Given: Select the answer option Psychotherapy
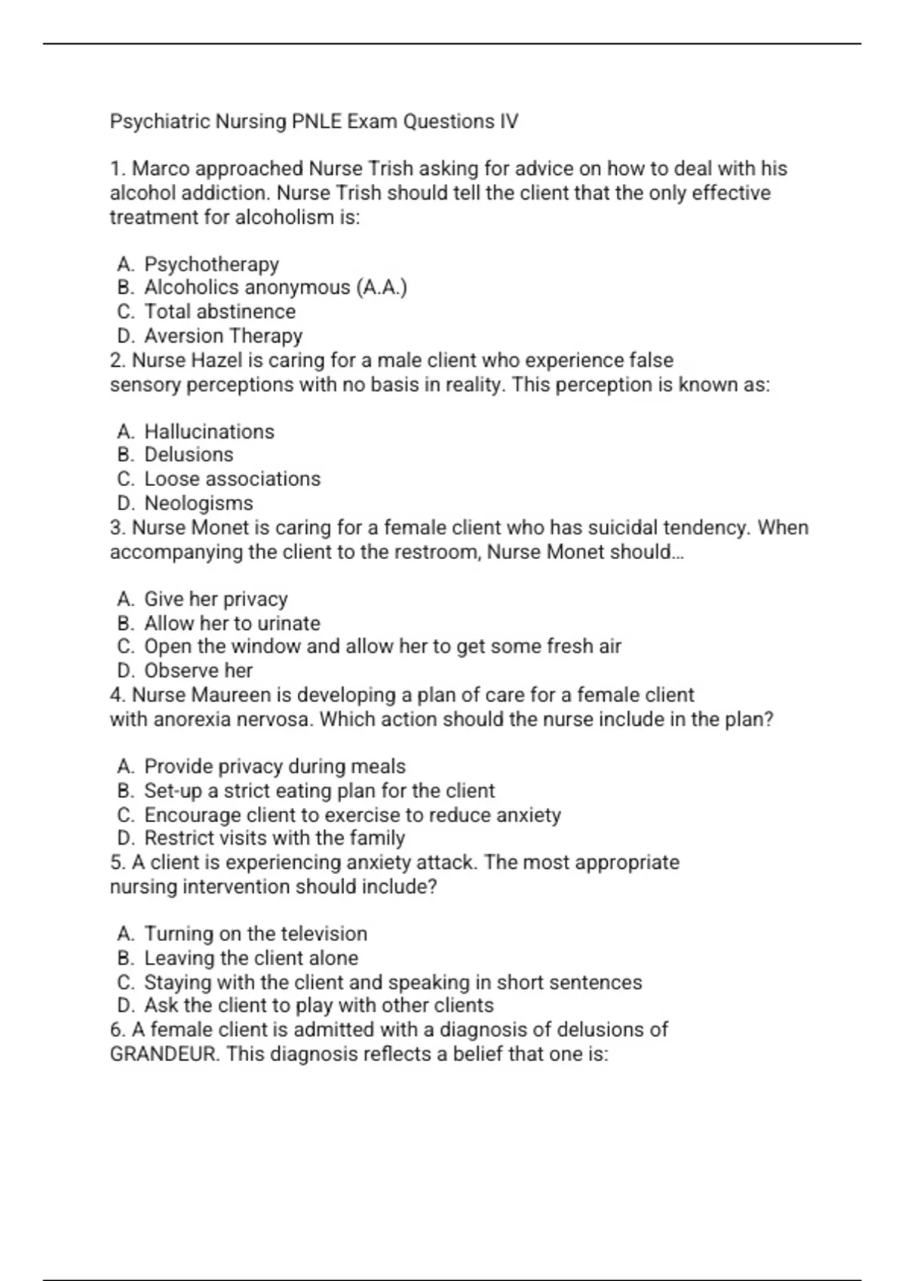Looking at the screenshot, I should point(211,264).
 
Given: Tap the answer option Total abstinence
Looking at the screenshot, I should point(219,311).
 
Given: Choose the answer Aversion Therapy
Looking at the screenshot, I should point(223,335).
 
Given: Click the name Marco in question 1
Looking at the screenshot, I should point(161,169).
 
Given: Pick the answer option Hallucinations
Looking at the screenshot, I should point(209,432).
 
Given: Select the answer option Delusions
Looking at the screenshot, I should point(189,454).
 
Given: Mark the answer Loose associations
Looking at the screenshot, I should point(232,478).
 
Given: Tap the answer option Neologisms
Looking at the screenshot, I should point(198,503).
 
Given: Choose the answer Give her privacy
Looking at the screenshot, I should point(216,599).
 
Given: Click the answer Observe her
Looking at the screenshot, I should point(198,670).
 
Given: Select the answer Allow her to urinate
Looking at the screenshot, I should point(232,623).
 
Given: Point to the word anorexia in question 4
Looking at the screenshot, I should point(192,719).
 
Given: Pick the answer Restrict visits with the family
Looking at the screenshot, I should point(275,838).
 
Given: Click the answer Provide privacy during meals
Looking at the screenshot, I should point(275,766).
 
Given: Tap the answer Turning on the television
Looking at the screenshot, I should point(256,934).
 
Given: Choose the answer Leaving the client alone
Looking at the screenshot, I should point(251,958).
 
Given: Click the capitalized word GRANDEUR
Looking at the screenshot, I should point(164,1053).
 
